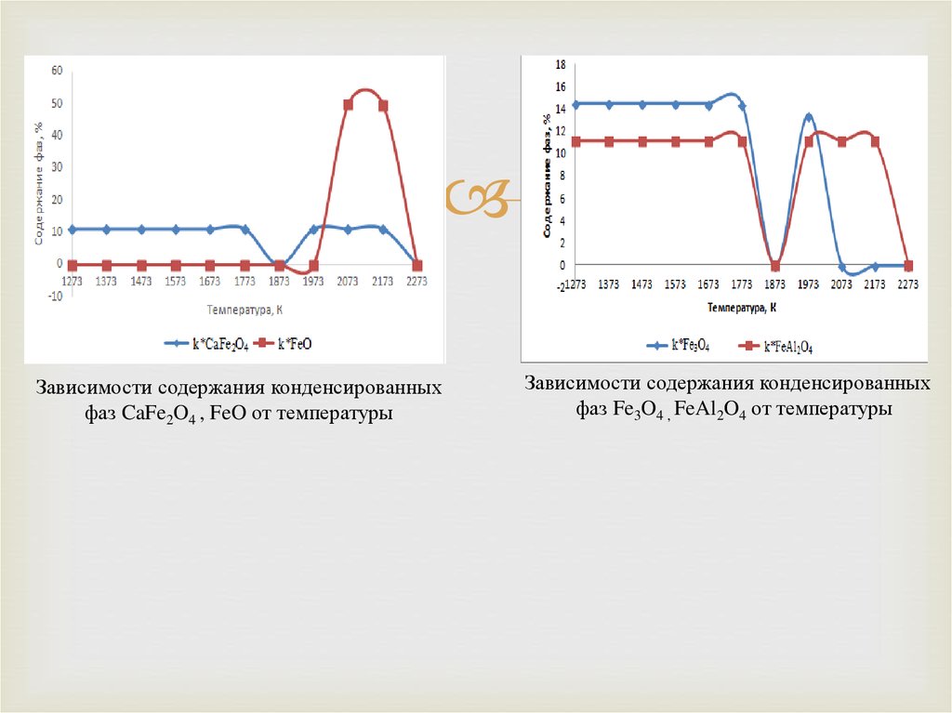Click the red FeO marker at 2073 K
[x=349, y=105]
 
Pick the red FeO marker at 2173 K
[x=383, y=106]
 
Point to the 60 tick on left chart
[x=57, y=71]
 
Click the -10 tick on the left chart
[x=55, y=297]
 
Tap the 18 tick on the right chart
[x=560, y=65]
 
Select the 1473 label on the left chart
[x=141, y=281]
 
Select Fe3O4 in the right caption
[x=634, y=410]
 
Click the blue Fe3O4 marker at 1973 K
[x=809, y=118]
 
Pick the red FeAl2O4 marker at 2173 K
[x=875, y=141]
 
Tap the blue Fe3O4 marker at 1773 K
[x=742, y=106]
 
